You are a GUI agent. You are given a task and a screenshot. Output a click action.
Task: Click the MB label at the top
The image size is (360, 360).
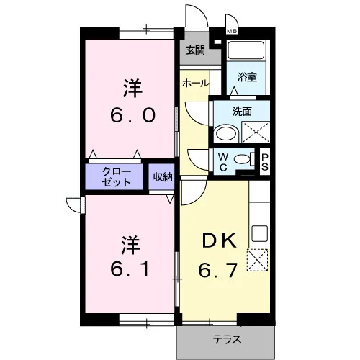tap(232, 31)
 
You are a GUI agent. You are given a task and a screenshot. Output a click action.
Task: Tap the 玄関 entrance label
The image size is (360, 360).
tap(196, 50)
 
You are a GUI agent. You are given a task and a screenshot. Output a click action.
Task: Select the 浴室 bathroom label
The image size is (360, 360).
tap(247, 77)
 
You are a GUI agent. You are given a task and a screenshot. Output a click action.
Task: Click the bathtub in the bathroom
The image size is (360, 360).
tap(246, 50)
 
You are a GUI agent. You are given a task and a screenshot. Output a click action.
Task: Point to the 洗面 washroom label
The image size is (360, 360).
tap(242, 112)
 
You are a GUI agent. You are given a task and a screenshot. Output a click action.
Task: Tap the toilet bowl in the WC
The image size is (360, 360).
tap(242, 159)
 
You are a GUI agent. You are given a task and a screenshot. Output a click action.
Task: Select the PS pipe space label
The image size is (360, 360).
tap(265, 162)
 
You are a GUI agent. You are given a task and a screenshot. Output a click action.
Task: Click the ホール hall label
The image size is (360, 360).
tap(196, 84)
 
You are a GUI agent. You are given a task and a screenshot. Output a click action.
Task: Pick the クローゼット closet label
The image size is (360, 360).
tap(117, 177)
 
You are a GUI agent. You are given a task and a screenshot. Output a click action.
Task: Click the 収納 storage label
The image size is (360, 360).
tap(163, 177)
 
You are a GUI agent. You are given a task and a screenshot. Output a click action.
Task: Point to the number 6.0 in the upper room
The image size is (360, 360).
tap(132, 115)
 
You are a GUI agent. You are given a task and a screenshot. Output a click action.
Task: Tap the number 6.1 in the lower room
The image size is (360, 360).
tap(131, 269)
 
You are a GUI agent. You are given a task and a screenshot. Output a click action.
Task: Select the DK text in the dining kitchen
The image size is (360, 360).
tap(220, 240)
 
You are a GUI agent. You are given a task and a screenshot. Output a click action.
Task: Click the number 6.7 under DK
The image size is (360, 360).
tap(218, 270)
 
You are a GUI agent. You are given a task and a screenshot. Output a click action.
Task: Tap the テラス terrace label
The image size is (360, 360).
tap(227, 339)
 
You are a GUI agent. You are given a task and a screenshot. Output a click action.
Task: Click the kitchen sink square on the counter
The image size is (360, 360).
tap(259, 233)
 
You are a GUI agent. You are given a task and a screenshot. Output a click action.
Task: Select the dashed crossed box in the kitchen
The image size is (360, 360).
tap(257, 261)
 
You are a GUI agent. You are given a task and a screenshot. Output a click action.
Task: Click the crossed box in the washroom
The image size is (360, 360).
tap(256, 132)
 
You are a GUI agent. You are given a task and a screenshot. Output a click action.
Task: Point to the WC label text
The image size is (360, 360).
tap(223, 162)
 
